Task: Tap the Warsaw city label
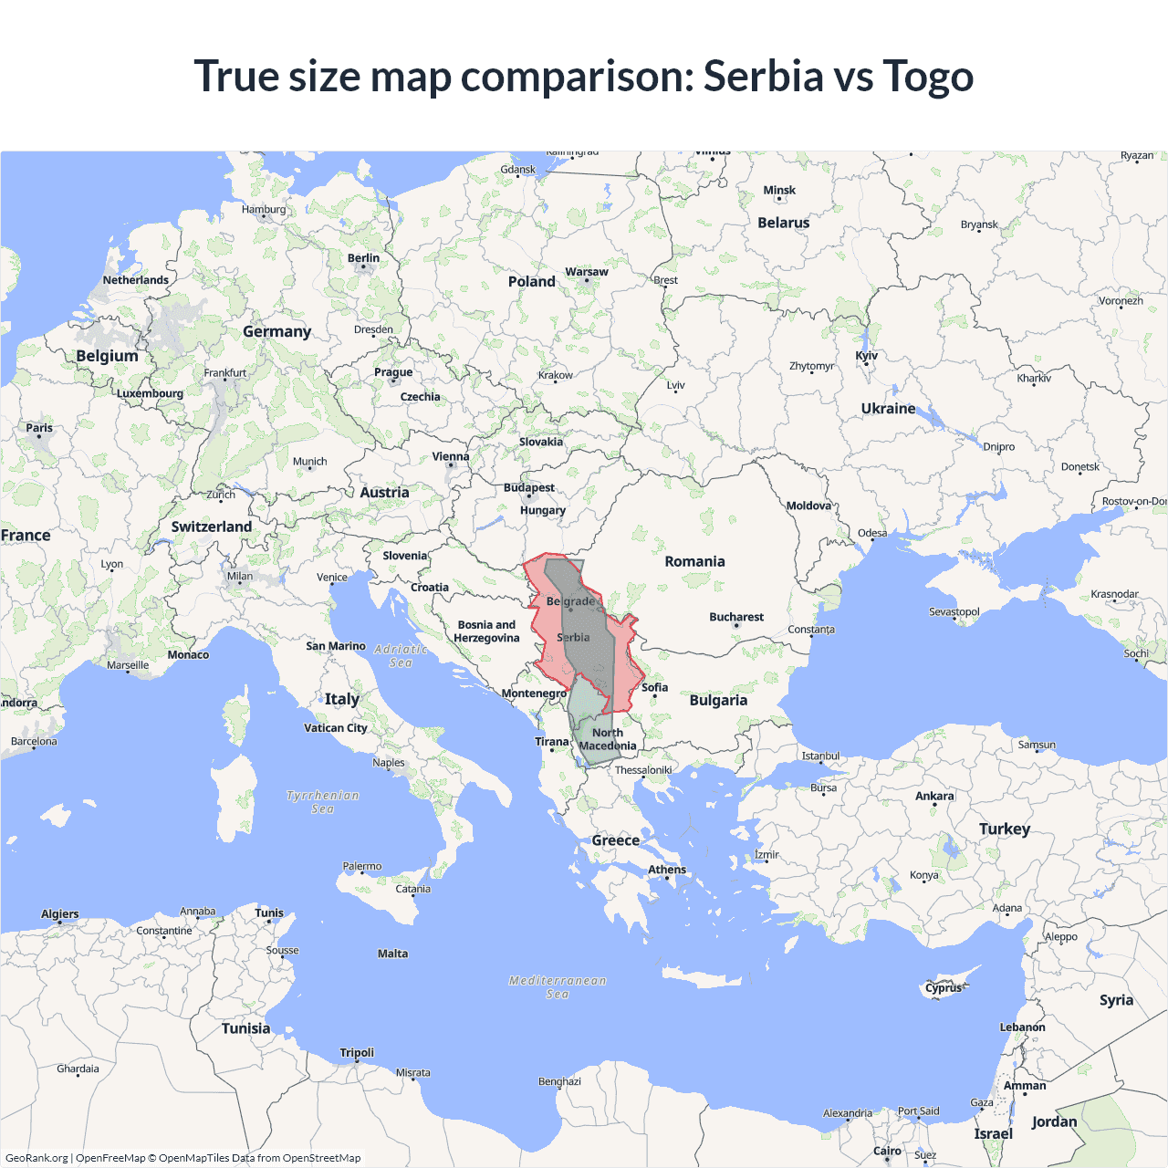coord(586,272)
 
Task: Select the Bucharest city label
coord(736,618)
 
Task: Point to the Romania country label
coord(694,562)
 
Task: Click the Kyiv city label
coord(866,356)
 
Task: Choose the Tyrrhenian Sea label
coord(323,802)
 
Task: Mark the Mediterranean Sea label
coord(558,987)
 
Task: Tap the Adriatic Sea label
coord(401,656)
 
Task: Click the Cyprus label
coord(943,988)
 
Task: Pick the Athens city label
coord(667,870)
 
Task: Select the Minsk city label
coord(779,191)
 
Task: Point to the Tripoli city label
coord(357,1053)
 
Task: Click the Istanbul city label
coord(820,756)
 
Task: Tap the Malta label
coord(392,954)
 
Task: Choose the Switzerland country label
coord(212,527)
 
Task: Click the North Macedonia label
coord(608,739)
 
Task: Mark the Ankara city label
coord(934,797)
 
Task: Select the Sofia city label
coord(654,688)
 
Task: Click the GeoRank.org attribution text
coord(36,1158)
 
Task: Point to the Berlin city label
coord(363,258)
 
